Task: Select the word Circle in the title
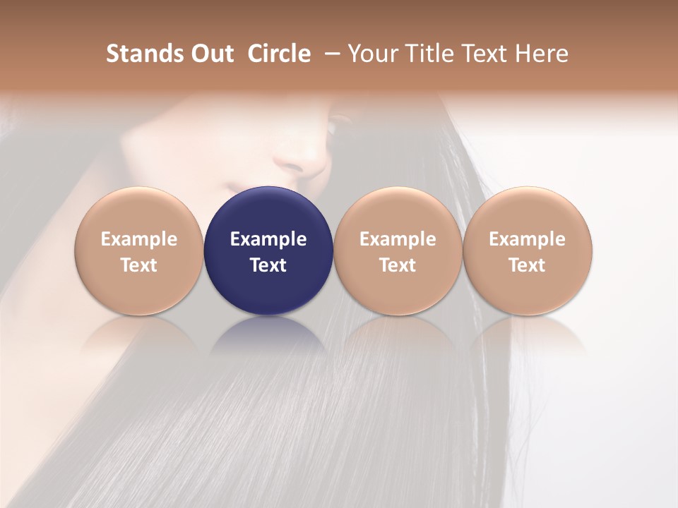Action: [279, 54]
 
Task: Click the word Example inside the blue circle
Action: [268, 239]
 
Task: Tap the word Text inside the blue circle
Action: [268, 265]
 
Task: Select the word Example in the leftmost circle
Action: [139, 239]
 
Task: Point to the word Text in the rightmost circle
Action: [527, 265]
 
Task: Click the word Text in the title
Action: [487, 54]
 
